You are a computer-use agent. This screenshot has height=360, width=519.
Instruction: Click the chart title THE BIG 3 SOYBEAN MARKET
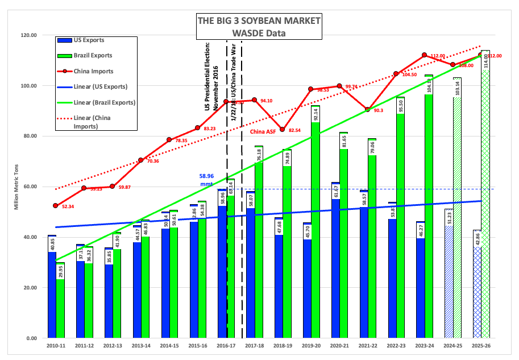[258, 21]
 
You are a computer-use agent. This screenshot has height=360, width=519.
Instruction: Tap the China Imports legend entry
[94, 71]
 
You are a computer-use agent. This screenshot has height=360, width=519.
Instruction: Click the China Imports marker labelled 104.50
[396, 74]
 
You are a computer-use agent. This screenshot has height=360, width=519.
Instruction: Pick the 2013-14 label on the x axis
[141, 345]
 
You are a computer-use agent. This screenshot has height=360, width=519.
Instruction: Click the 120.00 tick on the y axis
[27, 35]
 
